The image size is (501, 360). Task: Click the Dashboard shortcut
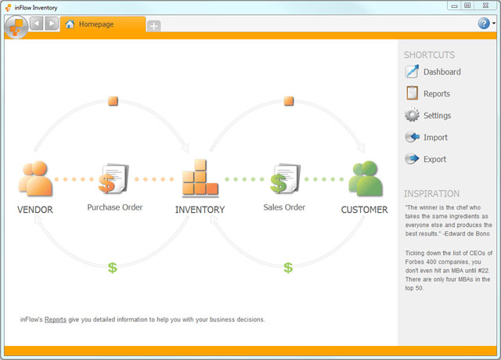click(x=433, y=71)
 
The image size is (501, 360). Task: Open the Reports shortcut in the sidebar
click(x=428, y=93)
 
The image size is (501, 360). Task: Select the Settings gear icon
click(x=413, y=115)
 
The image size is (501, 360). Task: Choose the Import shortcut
click(x=426, y=137)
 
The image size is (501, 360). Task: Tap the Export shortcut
click(x=426, y=159)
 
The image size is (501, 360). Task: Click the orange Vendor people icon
click(x=35, y=178)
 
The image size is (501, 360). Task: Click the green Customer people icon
click(x=366, y=178)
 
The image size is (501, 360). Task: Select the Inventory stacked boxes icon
click(x=200, y=178)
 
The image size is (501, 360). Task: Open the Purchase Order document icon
click(x=114, y=178)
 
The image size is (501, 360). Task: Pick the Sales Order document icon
click(x=285, y=178)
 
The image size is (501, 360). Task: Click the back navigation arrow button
click(x=37, y=23)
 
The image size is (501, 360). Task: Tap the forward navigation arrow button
click(x=52, y=23)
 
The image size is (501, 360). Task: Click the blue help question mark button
click(x=484, y=23)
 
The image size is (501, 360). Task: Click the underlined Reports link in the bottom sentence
click(x=56, y=319)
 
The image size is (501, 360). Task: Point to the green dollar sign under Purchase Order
click(x=113, y=268)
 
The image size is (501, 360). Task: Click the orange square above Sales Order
click(x=289, y=101)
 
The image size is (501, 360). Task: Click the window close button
click(x=485, y=5)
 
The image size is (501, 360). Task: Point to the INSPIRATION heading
click(x=431, y=193)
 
